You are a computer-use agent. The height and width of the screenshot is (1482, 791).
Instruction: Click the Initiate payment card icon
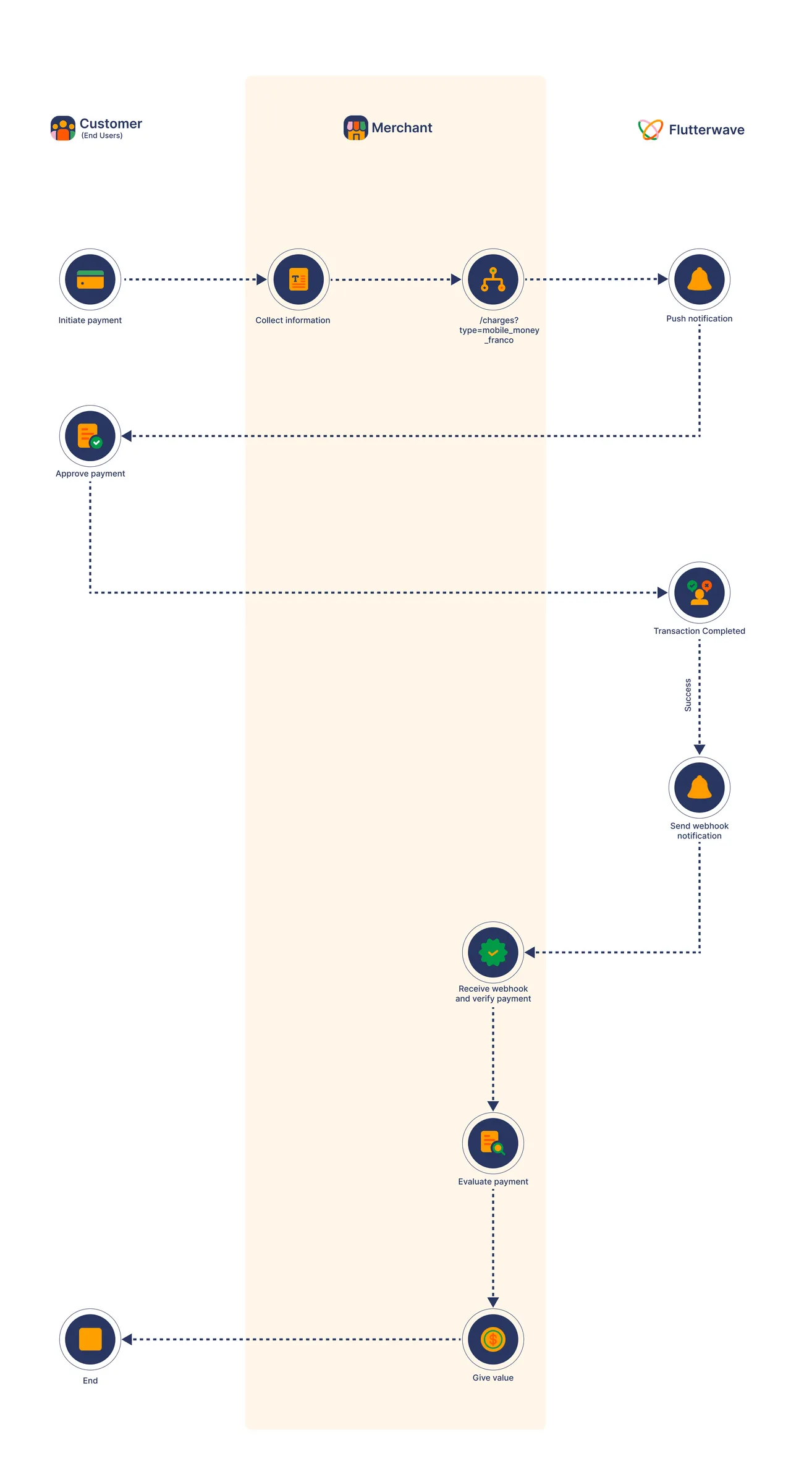pyautogui.click(x=90, y=279)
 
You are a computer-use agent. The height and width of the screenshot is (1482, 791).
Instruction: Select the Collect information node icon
pyautogui.click(x=298, y=279)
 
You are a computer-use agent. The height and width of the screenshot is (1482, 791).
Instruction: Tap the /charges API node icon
pyautogui.click(x=493, y=279)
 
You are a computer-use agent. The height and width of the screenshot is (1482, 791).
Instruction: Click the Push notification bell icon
pyautogui.click(x=700, y=279)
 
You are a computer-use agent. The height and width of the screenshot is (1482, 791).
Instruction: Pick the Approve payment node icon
pyautogui.click(x=90, y=436)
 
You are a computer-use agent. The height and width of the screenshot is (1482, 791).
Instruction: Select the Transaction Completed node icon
pyautogui.click(x=700, y=592)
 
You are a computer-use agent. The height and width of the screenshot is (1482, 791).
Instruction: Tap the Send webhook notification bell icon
pyautogui.click(x=700, y=788)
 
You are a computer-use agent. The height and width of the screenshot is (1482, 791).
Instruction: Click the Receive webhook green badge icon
pyautogui.click(x=493, y=952)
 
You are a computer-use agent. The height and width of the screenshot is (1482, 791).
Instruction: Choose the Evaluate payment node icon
pyautogui.click(x=493, y=1143)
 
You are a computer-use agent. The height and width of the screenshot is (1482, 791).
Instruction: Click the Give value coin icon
pyautogui.click(x=493, y=1339)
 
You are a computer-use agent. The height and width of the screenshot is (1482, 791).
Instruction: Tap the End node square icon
pyautogui.click(x=90, y=1339)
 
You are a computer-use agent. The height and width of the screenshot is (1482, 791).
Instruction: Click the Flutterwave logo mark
pyautogui.click(x=651, y=130)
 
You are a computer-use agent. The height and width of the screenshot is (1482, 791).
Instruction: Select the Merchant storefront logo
pyautogui.click(x=356, y=128)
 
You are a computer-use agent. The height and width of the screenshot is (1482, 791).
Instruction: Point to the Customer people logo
pyautogui.click(x=63, y=128)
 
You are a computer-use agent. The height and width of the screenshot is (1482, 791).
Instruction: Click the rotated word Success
pyautogui.click(x=688, y=695)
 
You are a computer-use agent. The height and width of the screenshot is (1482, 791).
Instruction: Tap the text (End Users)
pyautogui.click(x=102, y=135)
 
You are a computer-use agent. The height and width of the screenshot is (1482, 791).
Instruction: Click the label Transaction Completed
pyautogui.click(x=700, y=631)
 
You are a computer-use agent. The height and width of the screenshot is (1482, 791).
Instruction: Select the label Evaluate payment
pyautogui.click(x=493, y=1182)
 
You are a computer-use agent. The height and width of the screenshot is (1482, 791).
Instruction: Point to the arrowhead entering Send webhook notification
pyautogui.click(x=700, y=749)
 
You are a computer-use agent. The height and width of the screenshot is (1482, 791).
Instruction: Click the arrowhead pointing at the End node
pyautogui.click(x=127, y=1339)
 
